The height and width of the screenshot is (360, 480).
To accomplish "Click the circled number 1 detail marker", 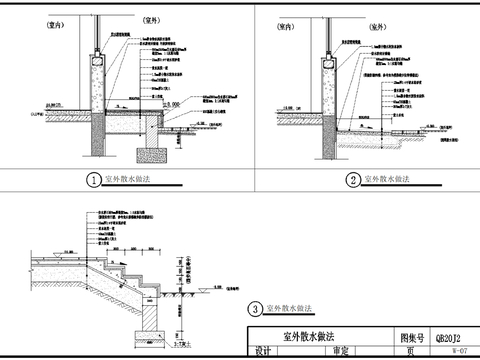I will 93,181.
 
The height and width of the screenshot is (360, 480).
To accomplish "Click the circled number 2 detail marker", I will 353,181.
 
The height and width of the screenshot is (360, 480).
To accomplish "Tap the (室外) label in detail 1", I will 117,20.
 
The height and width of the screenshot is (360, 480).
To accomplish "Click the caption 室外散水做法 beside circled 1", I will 131,180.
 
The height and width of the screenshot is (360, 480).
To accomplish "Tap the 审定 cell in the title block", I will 339,352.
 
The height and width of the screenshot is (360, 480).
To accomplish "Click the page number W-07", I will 459,352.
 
